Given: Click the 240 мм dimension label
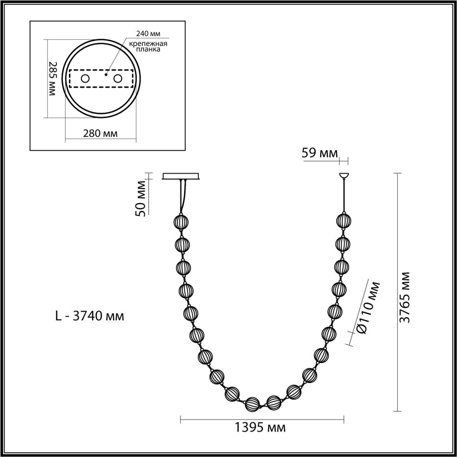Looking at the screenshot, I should (x=148, y=34).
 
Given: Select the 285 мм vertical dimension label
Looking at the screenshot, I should (x=52, y=78).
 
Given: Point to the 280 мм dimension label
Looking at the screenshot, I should (x=100, y=134).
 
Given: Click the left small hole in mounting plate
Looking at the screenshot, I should (x=85, y=79).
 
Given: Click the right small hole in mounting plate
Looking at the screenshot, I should (x=118, y=79).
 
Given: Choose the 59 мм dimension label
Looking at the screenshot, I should (x=319, y=153).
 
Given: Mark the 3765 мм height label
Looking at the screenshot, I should (x=405, y=297).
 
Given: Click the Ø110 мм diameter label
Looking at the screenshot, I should (x=368, y=308).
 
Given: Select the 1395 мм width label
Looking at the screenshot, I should (x=260, y=427).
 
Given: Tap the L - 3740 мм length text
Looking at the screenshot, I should (x=90, y=316).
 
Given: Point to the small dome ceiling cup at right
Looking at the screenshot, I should (x=343, y=175).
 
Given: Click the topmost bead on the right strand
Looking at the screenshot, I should (x=344, y=220).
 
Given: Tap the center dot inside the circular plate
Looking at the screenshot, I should (x=106, y=75).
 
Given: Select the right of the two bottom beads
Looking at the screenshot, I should (x=274, y=403).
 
